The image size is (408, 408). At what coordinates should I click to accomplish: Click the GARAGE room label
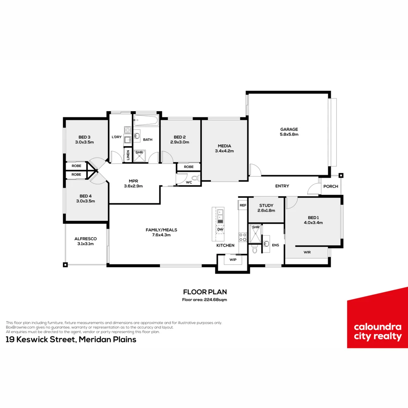(289, 129)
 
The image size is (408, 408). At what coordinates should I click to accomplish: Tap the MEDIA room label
(224, 146)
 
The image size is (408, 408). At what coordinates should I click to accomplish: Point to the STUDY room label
(266, 206)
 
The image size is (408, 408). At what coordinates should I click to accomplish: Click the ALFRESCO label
(85, 239)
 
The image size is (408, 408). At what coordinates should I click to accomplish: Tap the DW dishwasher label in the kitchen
(219, 229)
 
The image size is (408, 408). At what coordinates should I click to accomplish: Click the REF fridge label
(243, 205)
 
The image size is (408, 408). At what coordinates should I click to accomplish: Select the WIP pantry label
(232, 260)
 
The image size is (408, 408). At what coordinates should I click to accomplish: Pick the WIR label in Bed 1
(307, 252)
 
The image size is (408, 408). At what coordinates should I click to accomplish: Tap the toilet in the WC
(195, 178)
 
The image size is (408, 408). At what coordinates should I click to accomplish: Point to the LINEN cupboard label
(128, 155)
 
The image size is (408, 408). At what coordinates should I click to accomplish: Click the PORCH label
(331, 186)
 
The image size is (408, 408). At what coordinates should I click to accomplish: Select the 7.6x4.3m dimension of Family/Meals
(161, 235)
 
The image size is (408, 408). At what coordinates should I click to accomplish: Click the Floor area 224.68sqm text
(204, 300)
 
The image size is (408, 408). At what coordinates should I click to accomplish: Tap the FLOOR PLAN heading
(204, 292)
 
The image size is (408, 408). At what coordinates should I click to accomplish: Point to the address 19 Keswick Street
(71, 339)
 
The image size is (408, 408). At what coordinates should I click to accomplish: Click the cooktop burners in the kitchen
(243, 236)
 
